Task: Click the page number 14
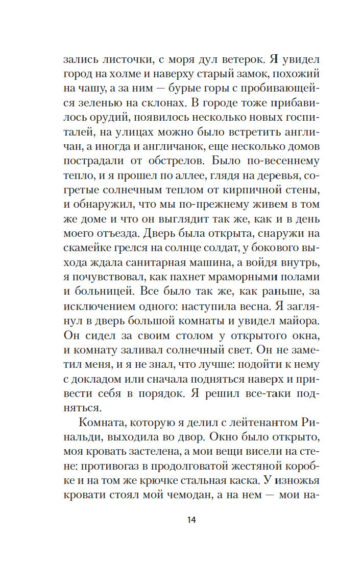point(191,520)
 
